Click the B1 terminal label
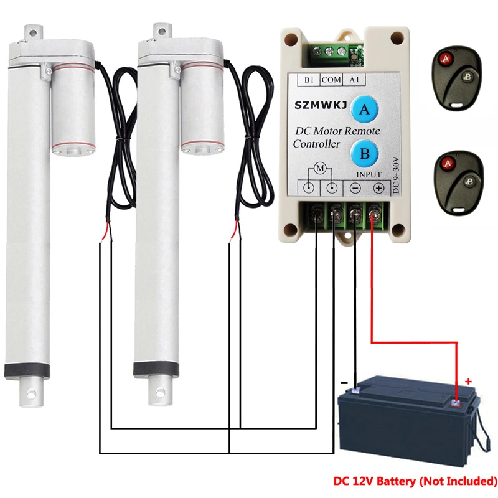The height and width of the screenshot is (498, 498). (x=309, y=80)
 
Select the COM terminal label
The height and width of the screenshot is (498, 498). (x=332, y=80)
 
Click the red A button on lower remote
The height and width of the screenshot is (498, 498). (x=445, y=164)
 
